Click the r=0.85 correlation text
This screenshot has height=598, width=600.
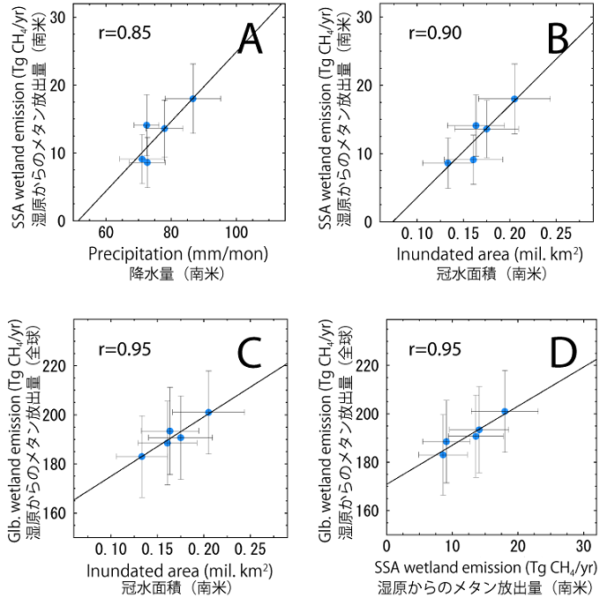tap(124, 34)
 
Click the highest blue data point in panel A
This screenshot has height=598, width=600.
tap(192, 99)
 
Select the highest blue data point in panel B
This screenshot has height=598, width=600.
tap(514, 99)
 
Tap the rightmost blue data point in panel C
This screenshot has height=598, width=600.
tap(208, 412)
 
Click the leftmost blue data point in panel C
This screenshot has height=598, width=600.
tap(142, 456)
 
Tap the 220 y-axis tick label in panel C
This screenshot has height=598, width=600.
tap(57, 366)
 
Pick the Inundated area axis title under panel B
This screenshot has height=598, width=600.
tap(488, 254)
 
